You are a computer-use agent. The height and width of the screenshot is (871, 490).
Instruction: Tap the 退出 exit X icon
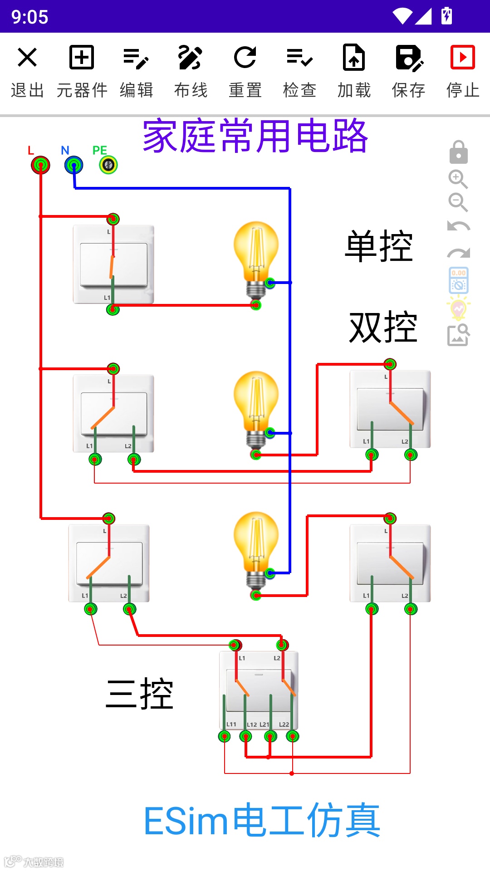[x=27, y=58]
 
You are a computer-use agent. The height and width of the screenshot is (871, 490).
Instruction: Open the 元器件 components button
[x=82, y=58]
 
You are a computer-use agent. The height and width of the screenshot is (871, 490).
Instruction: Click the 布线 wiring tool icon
[x=191, y=58]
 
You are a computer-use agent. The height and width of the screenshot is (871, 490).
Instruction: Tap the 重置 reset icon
[x=245, y=58]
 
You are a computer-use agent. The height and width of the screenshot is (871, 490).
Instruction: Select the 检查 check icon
[x=299, y=58]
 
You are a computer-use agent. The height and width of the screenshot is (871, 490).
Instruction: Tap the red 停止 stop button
[x=462, y=58]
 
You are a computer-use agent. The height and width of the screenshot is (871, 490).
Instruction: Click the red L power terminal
[x=40, y=165]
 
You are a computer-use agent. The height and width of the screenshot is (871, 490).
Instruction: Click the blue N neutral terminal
[x=74, y=165]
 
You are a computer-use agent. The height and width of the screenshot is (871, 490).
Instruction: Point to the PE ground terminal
[x=108, y=165]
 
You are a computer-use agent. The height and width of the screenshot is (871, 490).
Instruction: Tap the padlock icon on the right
[x=458, y=152]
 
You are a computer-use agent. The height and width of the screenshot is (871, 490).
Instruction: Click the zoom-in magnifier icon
[x=458, y=179]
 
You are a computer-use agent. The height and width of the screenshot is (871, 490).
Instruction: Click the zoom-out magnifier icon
[x=458, y=202]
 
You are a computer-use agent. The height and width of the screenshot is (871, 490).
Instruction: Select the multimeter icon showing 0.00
[x=458, y=280]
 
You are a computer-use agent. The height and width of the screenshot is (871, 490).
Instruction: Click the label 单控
[x=379, y=247]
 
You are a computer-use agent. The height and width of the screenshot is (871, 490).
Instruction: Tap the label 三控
[x=139, y=694]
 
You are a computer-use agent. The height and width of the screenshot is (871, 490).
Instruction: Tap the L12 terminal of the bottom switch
[x=246, y=736]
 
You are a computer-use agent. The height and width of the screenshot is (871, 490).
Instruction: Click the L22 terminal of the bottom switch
[x=293, y=736]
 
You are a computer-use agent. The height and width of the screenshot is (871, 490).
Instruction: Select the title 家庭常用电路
[x=255, y=136]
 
